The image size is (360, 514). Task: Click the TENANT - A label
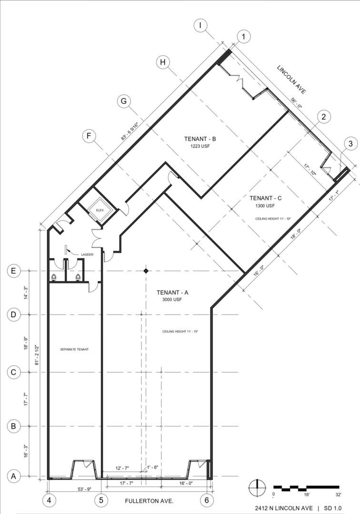pos(172,292)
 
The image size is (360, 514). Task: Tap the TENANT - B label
pos(200,139)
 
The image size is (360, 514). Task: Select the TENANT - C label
pos(266,198)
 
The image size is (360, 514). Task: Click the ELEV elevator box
pos(100,210)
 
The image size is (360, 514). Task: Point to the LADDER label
pos(87,254)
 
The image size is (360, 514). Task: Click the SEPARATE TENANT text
pos(74,349)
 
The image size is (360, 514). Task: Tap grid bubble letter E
pos(13,271)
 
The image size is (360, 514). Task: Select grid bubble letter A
pos(13,476)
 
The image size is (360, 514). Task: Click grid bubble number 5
pos(101,500)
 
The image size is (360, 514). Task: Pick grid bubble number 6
pos(207,500)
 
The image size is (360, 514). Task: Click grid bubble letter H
pos(163,62)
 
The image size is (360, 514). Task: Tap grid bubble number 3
pos(350,144)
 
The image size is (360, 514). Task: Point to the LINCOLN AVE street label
pos(291,79)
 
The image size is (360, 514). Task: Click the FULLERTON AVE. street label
pos(149,501)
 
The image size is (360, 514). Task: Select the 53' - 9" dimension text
pos(84,489)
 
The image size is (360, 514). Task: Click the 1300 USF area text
pos(265,206)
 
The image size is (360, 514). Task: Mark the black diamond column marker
pos(146,271)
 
